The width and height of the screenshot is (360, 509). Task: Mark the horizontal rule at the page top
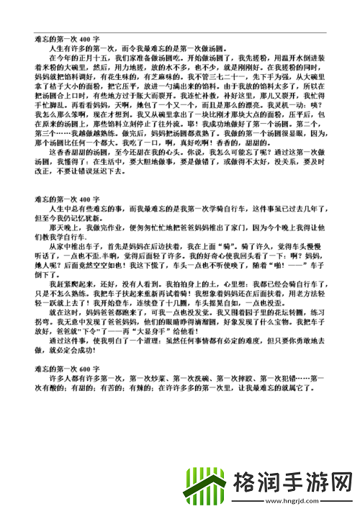tap(179, 32)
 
